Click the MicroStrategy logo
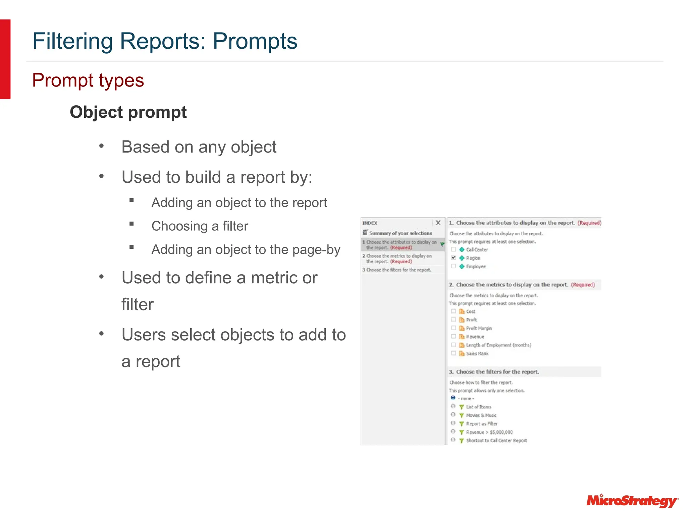click(632, 501)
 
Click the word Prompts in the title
click(255, 41)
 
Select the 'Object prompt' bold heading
click(128, 112)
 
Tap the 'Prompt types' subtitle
click(88, 80)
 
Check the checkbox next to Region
click(454, 258)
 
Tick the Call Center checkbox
click(454, 249)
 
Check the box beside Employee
click(454, 266)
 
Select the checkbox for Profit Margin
click(454, 328)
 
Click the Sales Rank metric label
click(477, 353)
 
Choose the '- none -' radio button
click(453, 398)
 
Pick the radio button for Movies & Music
click(453, 415)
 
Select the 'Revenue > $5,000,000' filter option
click(489, 432)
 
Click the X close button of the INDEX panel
click(438, 223)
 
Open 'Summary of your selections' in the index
click(400, 233)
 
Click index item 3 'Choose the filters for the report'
click(399, 270)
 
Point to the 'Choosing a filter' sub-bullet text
click(200, 226)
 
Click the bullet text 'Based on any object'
click(199, 147)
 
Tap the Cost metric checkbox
click(454, 311)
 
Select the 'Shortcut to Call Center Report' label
click(496, 441)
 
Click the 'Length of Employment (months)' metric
click(498, 345)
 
